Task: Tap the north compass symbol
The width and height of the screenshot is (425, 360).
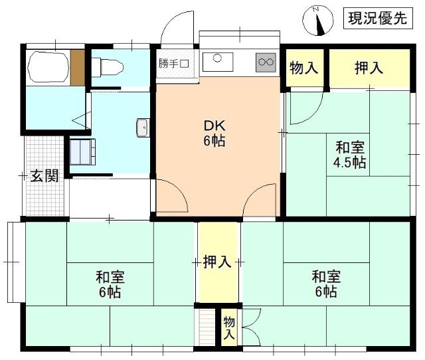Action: pyautogui.click(x=318, y=21)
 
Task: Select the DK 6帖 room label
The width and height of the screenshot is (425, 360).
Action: pyautogui.click(x=213, y=133)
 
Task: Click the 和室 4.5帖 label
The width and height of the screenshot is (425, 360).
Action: pyautogui.click(x=349, y=155)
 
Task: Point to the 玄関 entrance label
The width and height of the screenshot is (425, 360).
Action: pyautogui.click(x=44, y=176)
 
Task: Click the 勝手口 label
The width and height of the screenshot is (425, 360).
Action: pyautogui.click(x=174, y=64)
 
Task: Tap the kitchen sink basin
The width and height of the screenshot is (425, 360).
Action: pyautogui.click(x=218, y=62)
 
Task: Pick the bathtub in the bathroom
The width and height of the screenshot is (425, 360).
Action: pyautogui.click(x=48, y=67)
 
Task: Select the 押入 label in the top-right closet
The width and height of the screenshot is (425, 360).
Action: pyautogui.click(x=368, y=67)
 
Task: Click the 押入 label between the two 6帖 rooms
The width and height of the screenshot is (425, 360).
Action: pyautogui.click(x=217, y=262)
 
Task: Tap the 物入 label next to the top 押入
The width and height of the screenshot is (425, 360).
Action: pyautogui.click(x=304, y=67)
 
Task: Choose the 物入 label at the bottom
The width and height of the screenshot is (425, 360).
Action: pyautogui.click(x=228, y=328)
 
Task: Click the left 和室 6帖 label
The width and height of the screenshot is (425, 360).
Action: pyautogui.click(x=110, y=284)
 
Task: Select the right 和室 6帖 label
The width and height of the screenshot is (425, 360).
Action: pyautogui.click(x=326, y=284)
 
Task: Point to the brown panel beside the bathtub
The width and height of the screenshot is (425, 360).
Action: pyautogui.click(x=77, y=67)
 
